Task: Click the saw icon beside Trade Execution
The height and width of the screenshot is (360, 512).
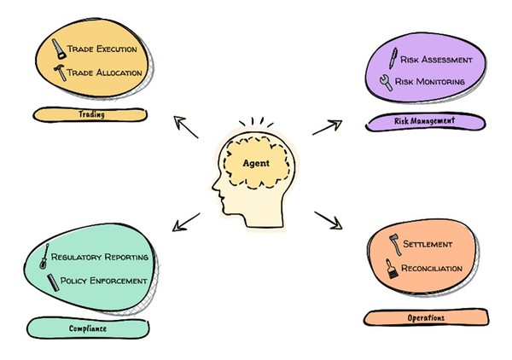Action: pos(55,48)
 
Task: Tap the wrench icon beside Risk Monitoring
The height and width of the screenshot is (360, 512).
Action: pos(389,83)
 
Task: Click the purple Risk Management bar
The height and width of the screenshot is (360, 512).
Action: pos(423,121)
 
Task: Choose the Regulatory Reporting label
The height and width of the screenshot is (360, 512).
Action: pos(100,257)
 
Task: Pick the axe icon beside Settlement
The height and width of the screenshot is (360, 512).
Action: pos(394,243)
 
